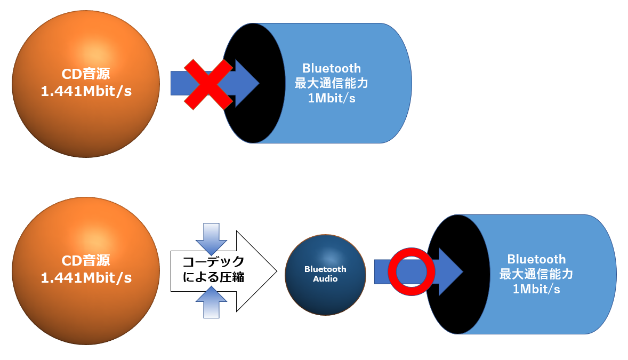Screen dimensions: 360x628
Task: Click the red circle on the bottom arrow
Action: click(412, 271)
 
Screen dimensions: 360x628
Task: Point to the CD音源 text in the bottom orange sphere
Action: click(86, 261)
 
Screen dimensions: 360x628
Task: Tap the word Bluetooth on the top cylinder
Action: click(332, 68)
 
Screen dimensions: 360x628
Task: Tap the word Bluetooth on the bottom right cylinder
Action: click(536, 259)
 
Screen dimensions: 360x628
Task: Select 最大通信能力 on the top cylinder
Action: click(332, 84)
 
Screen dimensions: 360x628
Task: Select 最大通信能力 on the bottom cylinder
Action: click(536, 274)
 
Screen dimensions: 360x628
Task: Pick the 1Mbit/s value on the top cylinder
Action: click(332, 99)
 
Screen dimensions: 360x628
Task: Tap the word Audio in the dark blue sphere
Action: click(325, 278)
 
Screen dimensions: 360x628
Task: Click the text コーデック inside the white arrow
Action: click(214, 262)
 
